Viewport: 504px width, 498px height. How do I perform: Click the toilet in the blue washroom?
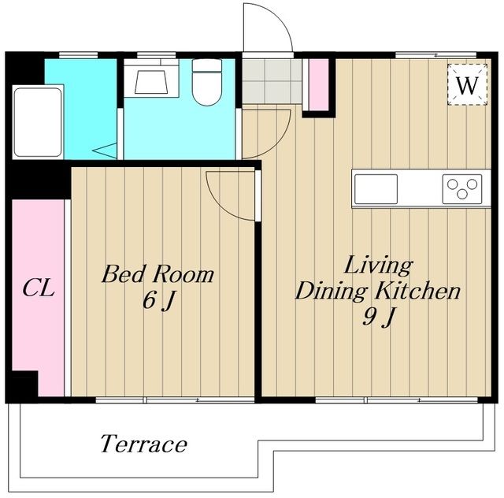click(207, 83)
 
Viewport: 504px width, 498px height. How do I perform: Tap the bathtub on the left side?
click(38, 122)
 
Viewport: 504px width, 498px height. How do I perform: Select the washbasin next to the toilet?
click(151, 79)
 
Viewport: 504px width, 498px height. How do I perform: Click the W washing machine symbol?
click(467, 84)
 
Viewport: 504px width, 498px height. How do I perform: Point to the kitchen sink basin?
click(376, 189)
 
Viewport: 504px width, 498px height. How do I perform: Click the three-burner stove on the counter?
click(462, 189)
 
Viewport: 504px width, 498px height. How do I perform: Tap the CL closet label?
click(39, 288)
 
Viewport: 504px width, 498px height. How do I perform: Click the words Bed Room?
click(157, 274)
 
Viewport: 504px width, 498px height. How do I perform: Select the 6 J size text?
click(158, 302)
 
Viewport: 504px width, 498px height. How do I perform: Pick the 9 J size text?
click(378, 318)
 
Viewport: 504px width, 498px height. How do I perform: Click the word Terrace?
click(143, 444)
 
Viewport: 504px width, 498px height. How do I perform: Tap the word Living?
click(378, 266)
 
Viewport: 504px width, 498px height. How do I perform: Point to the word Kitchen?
click(418, 291)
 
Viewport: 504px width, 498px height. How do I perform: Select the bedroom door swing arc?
click(222, 206)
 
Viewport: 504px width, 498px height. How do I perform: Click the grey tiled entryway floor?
click(272, 81)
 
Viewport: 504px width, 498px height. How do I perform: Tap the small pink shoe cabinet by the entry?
click(318, 84)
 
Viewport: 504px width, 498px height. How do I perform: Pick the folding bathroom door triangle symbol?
click(105, 151)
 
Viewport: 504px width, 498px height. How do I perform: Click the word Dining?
click(332, 292)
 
